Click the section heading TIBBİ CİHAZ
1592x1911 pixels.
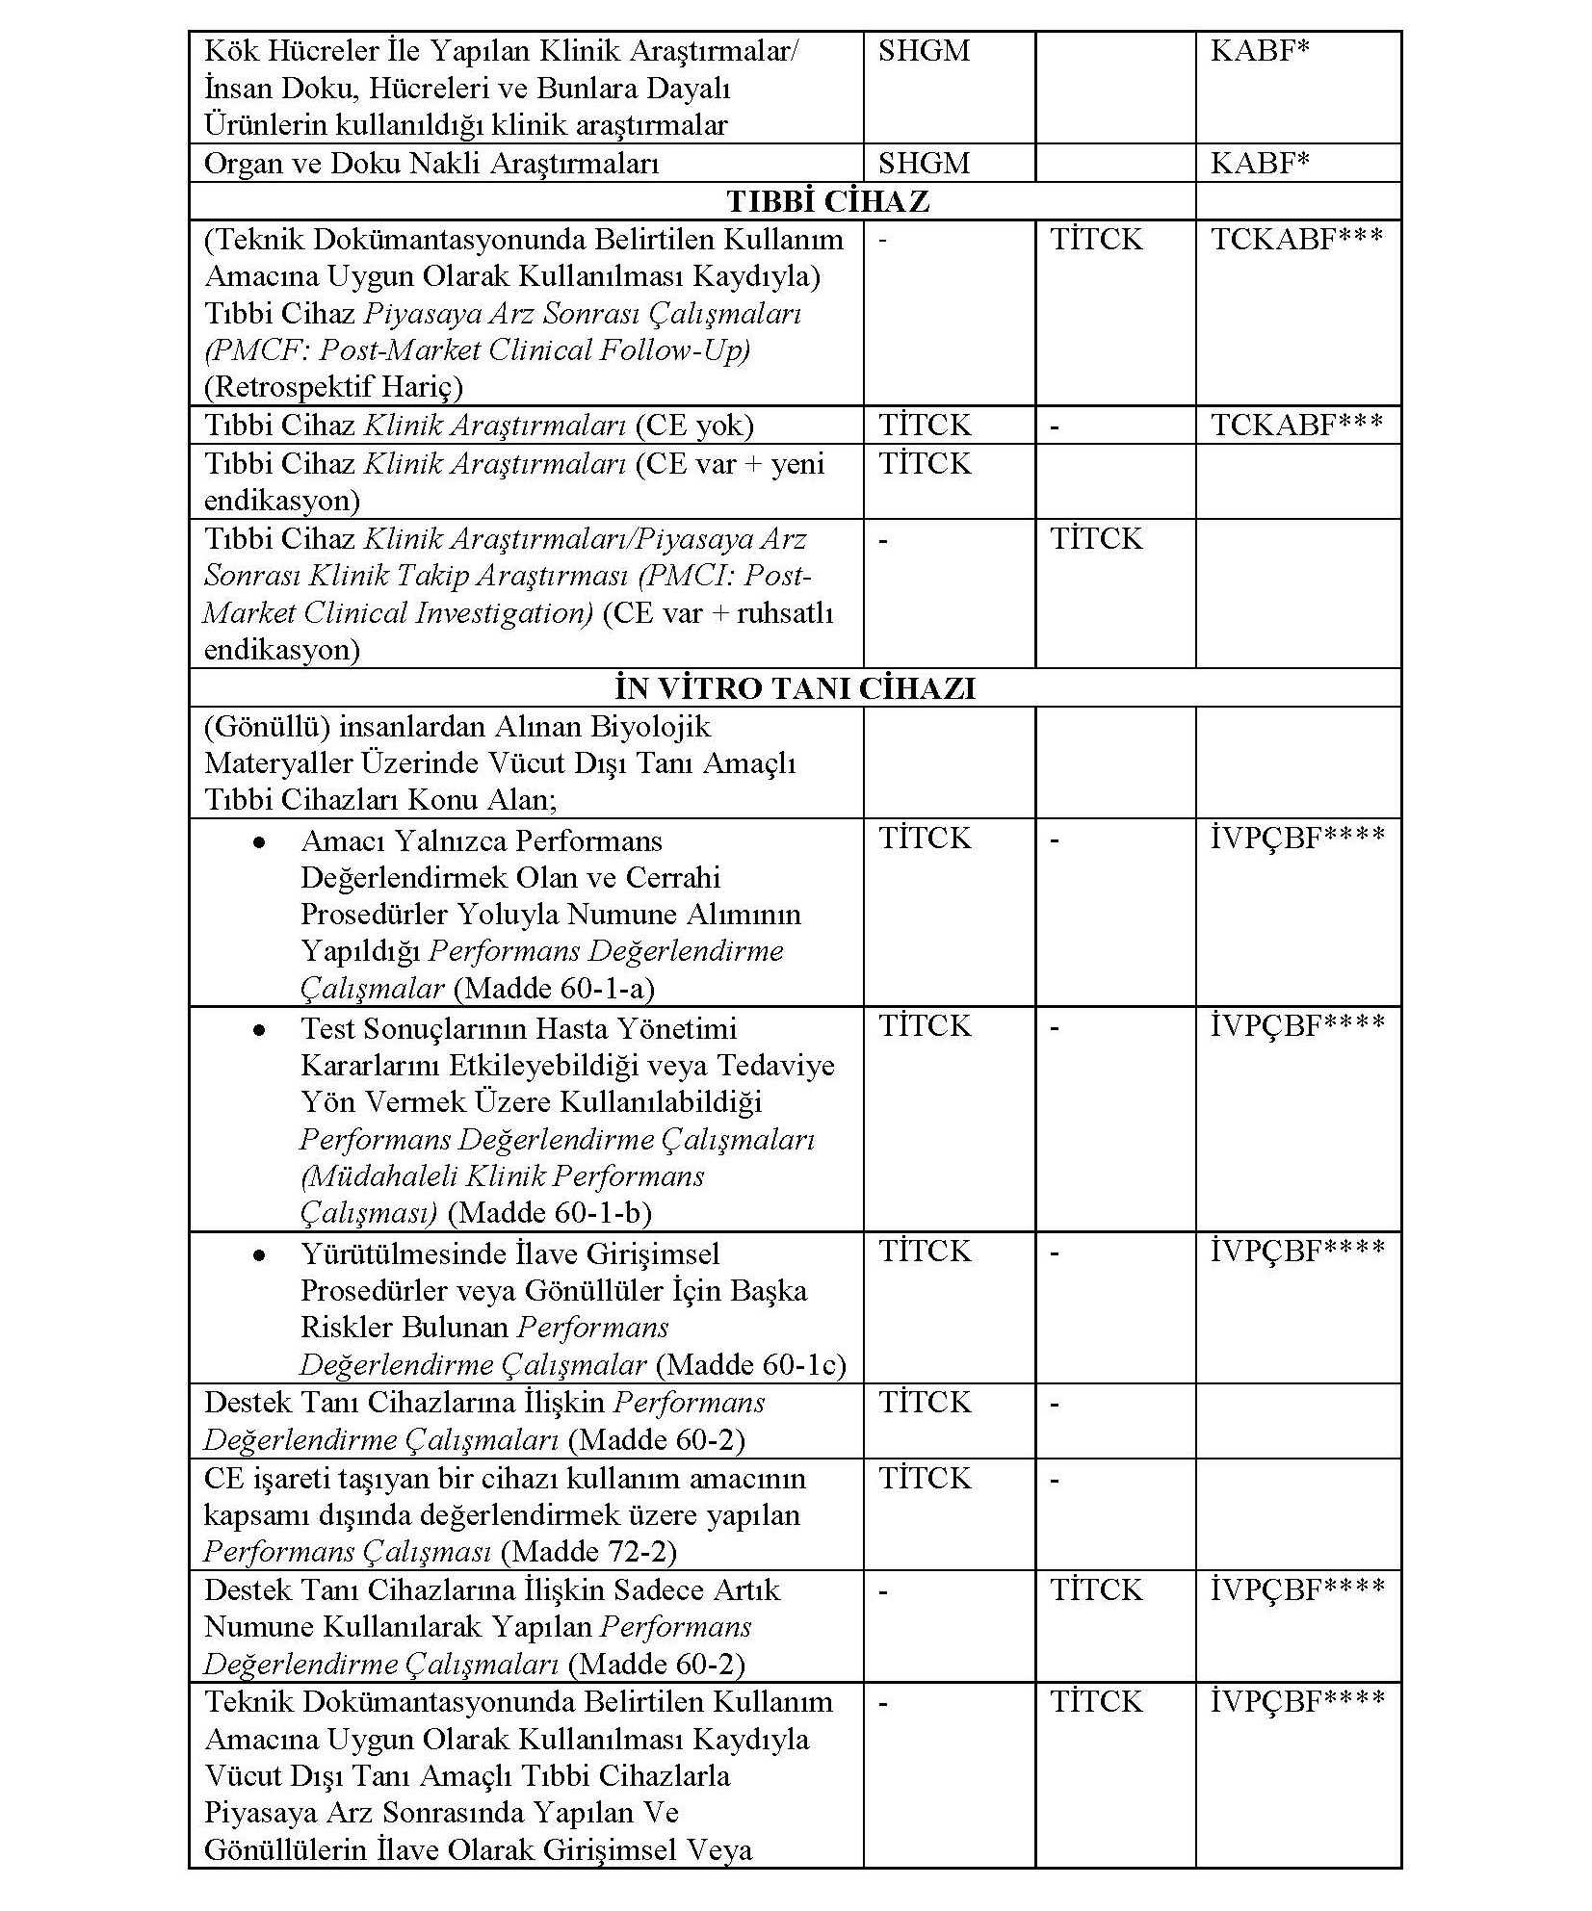click(827, 201)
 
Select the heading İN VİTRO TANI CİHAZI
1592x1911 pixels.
click(795, 688)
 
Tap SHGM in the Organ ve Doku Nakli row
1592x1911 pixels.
click(924, 163)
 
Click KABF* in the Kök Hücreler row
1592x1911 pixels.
click(1260, 50)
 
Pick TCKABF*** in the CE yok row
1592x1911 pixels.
click(1296, 425)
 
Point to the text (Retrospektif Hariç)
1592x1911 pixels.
click(333, 387)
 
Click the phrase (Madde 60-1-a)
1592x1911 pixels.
click(554, 989)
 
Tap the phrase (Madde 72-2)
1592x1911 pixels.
click(589, 1552)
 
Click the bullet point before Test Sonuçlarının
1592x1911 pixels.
click(258, 1029)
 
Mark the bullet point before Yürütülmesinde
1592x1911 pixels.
click(258, 1255)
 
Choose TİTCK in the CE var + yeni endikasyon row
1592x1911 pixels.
click(925, 463)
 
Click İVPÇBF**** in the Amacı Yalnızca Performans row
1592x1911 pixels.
click(1297, 838)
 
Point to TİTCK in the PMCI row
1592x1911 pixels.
click(1096, 538)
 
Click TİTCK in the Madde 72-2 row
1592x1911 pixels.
click(925, 1478)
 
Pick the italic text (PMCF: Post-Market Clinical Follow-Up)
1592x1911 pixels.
click(477, 350)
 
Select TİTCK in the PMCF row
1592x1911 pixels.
click(1096, 239)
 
